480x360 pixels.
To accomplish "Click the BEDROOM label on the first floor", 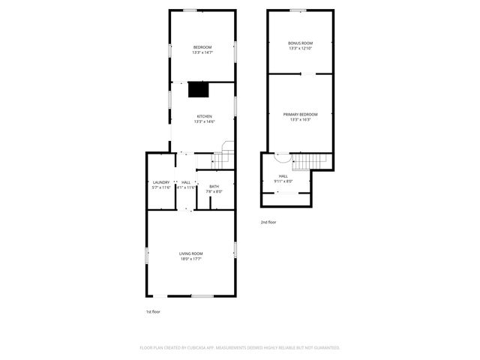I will (x=202, y=47).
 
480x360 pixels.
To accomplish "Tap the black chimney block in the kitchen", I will (x=198, y=90).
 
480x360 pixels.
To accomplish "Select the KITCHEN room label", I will (x=204, y=115).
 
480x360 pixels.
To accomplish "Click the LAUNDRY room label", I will (x=161, y=182).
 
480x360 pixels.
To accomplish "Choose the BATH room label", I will (x=214, y=186).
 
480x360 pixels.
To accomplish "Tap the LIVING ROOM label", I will (x=190, y=253).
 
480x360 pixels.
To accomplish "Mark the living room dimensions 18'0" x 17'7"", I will (x=190, y=259).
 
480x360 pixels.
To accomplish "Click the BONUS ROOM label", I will (x=300, y=43).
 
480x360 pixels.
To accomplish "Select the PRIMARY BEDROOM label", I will (x=300, y=114).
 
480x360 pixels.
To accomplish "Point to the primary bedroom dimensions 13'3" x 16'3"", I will (x=300, y=119).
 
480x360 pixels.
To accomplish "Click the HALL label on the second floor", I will (x=283, y=175).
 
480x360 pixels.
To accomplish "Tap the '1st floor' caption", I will (x=153, y=311).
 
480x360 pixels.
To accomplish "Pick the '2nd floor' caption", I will (x=268, y=222).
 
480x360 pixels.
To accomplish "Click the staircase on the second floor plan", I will (x=310, y=160).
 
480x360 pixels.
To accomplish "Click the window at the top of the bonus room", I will (x=298, y=10).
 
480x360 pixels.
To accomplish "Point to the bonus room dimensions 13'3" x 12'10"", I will (x=300, y=48).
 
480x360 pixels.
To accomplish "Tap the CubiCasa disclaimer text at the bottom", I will (x=240, y=347).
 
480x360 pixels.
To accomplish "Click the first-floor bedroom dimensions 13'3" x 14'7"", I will (x=202, y=52).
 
